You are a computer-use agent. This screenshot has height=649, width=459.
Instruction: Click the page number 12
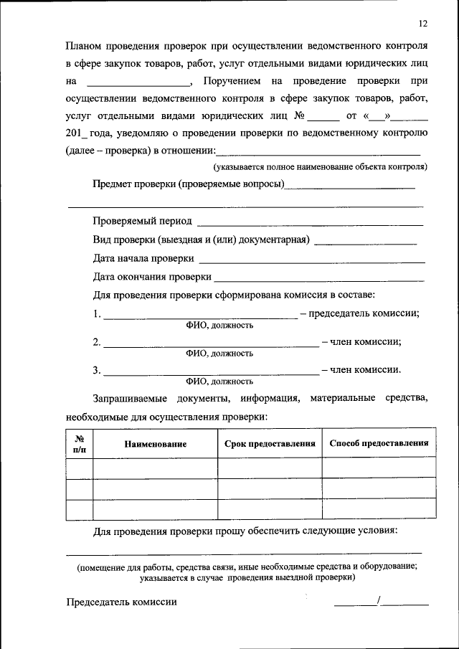[x=423, y=24]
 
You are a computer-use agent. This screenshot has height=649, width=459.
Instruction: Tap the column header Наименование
[x=155, y=444]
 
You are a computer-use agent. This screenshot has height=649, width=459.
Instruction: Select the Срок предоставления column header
[x=270, y=444]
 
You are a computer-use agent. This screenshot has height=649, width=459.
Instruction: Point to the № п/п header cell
[x=80, y=444]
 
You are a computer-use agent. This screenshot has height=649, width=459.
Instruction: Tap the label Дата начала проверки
[x=143, y=258]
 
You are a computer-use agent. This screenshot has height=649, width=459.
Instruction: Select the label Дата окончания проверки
[x=152, y=277]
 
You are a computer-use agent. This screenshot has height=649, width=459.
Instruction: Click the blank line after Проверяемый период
[x=310, y=224]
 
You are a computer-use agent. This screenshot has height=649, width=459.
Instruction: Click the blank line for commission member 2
[x=212, y=345]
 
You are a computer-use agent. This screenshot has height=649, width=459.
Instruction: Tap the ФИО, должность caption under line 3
[x=219, y=381]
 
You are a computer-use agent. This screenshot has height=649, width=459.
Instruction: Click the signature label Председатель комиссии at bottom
[x=121, y=602]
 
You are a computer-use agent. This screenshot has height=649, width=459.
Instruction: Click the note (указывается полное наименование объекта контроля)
[x=320, y=167]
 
